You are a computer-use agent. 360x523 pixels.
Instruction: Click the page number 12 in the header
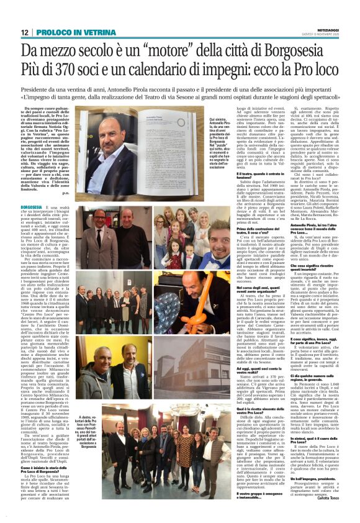25,32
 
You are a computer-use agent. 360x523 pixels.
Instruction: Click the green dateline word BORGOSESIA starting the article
32,206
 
